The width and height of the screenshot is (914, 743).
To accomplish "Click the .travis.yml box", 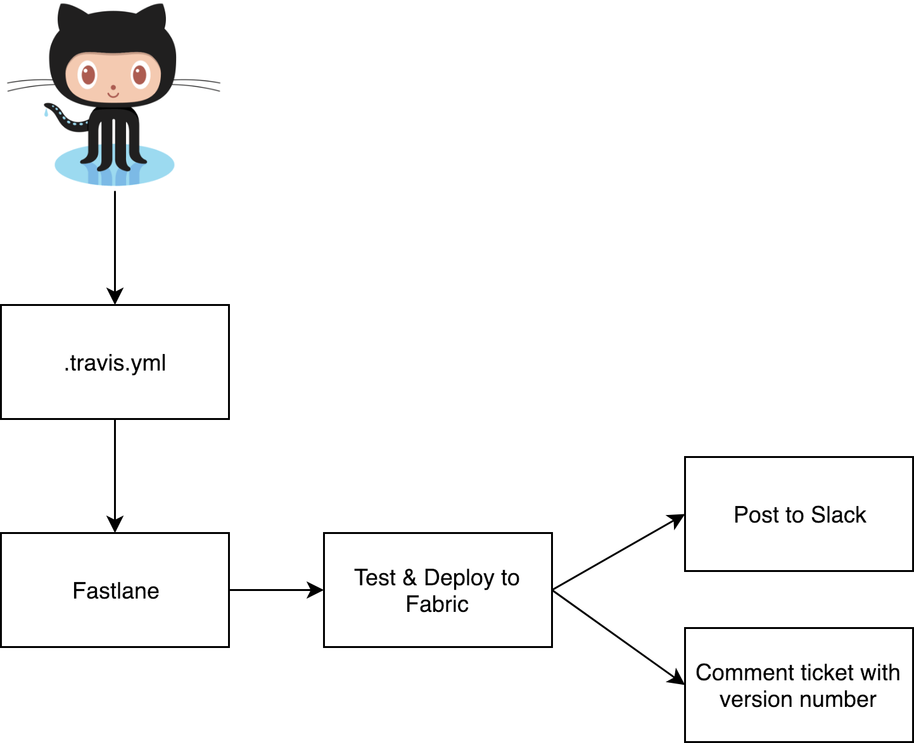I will click(115, 362).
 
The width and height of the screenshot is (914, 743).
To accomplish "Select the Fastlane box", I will click(115, 590).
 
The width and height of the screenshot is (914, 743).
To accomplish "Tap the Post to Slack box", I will click(799, 514).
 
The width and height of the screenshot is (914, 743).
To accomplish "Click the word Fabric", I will click(437, 604).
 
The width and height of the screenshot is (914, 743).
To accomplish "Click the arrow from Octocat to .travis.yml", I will click(115, 247).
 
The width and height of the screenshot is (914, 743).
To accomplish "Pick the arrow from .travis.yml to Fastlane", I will click(115, 475).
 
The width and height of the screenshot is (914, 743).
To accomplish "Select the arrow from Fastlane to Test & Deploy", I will click(276, 590).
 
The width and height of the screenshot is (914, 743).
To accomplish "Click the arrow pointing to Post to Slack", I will click(618, 552).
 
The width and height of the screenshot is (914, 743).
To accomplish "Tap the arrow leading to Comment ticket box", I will click(618, 637).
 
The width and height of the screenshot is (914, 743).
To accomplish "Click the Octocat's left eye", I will click(88, 75).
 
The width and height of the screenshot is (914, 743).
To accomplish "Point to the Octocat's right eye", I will click(139, 75).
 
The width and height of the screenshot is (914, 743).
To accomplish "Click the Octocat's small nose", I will click(113, 87).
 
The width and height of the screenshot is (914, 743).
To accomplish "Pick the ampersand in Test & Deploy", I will click(409, 578).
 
